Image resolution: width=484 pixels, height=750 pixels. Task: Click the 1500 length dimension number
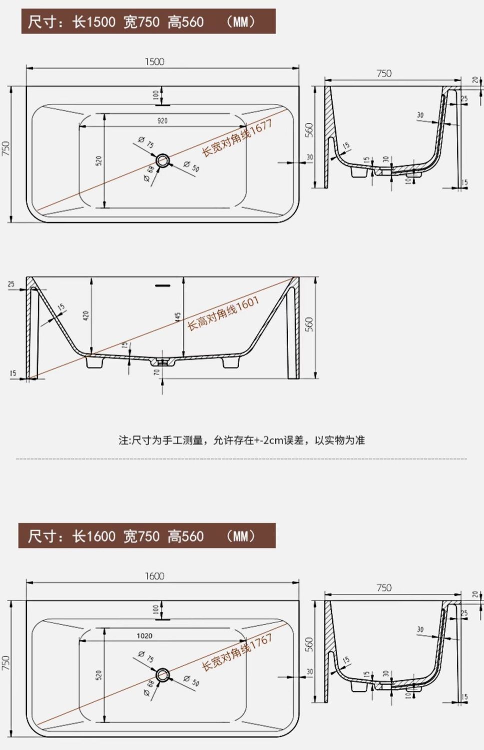click(x=154, y=61)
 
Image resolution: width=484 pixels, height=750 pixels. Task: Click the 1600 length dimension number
click(x=154, y=576)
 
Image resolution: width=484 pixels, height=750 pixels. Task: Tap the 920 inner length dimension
click(x=162, y=121)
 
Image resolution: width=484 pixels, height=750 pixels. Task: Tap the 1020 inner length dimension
click(x=144, y=636)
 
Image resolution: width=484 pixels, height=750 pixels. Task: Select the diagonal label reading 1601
click(x=223, y=313)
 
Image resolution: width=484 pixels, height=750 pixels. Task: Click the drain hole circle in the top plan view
click(x=163, y=160)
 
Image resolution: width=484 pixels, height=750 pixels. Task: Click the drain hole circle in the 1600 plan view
click(x=163, y=675)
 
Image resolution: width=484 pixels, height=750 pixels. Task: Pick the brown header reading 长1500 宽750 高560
click(x=148, y=22)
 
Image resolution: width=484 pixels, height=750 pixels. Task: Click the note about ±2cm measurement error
click(x=242, y=440)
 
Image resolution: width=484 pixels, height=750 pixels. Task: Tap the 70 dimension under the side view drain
click(x=157, y=372)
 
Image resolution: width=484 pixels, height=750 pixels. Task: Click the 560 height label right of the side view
click(x=309, y=324)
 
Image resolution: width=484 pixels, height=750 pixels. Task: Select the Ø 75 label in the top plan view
click(x=146, y=142)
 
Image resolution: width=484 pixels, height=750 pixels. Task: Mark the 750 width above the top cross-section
click(x=384, y=73)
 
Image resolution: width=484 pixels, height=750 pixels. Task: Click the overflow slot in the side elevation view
click(x=163, y=286)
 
